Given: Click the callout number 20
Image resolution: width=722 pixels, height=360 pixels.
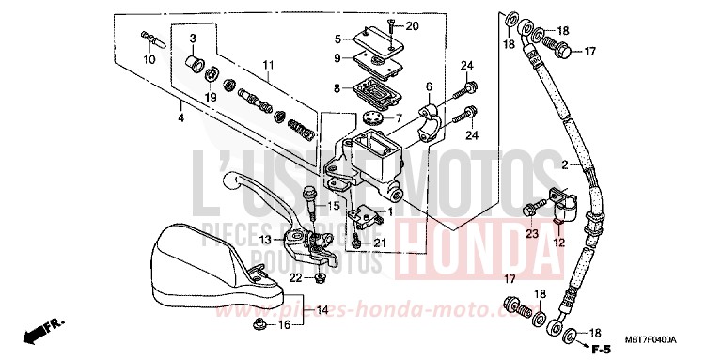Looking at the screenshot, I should (x=413, y=25).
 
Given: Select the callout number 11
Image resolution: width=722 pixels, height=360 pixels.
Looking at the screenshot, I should (x=268, y=66).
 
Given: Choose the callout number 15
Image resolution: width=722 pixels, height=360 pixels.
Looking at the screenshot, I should (x=334, y=206).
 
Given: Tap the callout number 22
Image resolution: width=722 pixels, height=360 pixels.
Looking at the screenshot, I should (x=294, y=278).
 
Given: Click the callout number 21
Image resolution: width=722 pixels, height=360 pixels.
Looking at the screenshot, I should (x=380, y=244).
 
